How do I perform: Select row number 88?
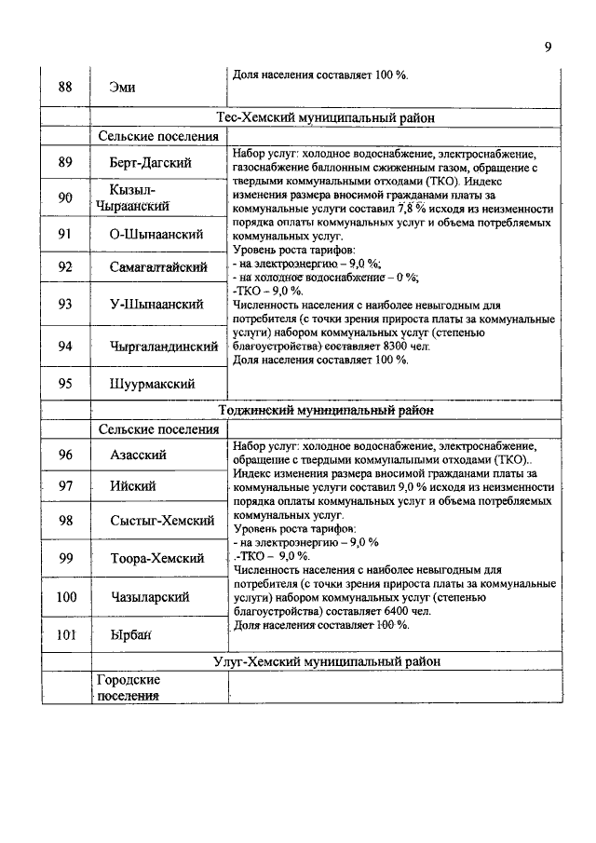click(65, 88)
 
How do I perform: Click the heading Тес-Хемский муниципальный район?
click(326, 118)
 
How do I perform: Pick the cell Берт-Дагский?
click(150, 163)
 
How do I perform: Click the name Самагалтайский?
click(157, 268)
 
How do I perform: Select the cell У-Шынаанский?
click(156, 304)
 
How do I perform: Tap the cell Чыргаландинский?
click(163, 347)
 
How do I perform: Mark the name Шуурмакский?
click(152, 383)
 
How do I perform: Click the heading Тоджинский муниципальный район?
click(326, 410)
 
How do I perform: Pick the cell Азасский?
click(138, 455)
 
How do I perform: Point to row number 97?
click(65, 486)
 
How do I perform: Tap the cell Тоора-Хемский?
click(156, 558)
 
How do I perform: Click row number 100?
click(65, 597)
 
